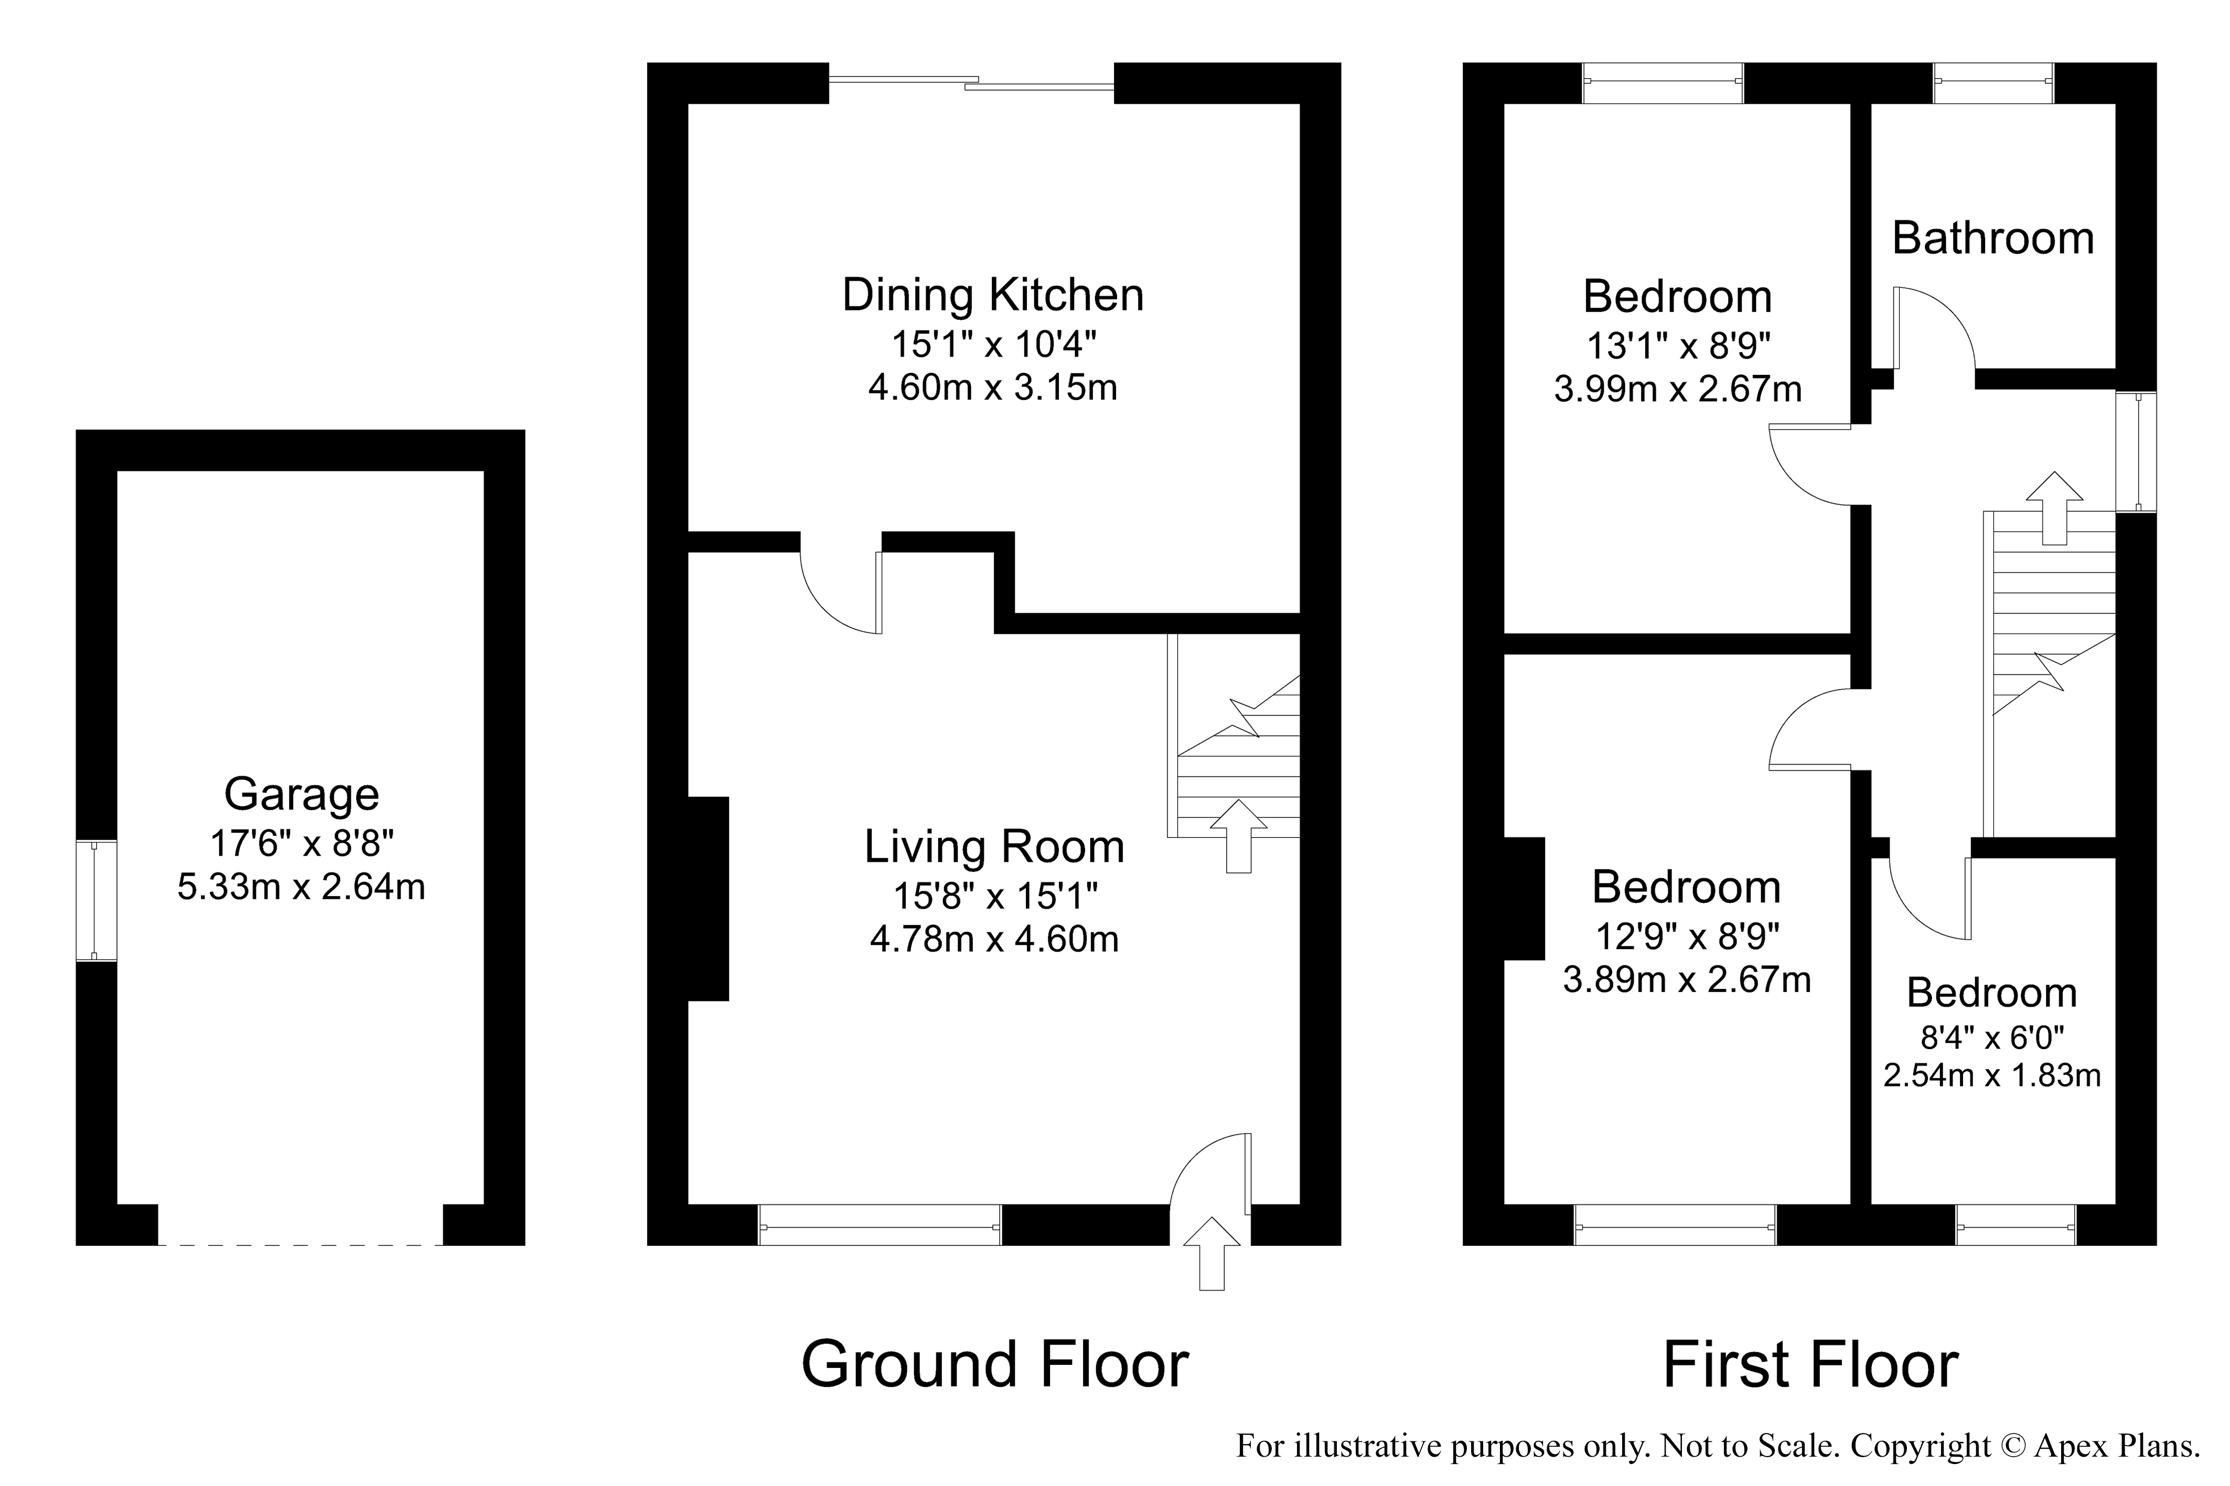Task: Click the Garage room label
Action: coord(302,795)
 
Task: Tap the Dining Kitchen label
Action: coord(993,295)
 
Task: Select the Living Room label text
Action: coord(994,846)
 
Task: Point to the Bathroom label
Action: coord(1993,238)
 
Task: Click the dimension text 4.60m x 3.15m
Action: coord(993,387)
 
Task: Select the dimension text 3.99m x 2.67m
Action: coord(1677,390)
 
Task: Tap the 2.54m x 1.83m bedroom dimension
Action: coord(1992,1075)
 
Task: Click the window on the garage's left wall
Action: coord(97,900)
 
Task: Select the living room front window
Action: coord(880,1224)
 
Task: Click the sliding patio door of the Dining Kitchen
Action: coord(971,83)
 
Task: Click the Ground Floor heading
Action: coord(995,1365)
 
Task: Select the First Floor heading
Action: coord(1811,1365)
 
